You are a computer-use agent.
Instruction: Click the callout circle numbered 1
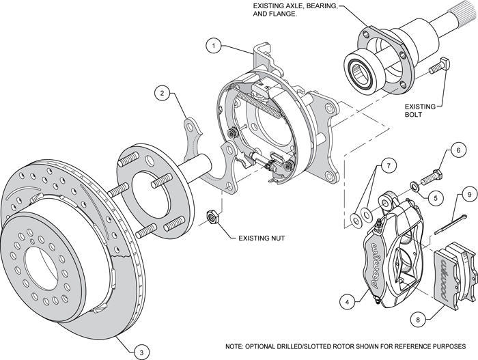[214, 46]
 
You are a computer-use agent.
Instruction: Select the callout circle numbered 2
[161, 92]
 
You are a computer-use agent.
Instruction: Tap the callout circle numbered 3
[139, 352]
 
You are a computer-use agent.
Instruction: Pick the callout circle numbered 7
[387, 166]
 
